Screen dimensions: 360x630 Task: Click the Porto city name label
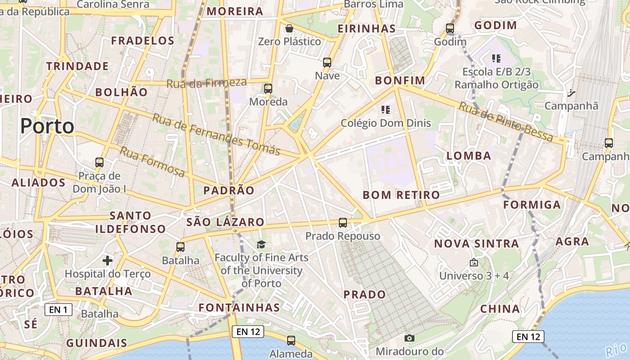tap(47, 126)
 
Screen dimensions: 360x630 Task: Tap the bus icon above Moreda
tap(268, 89)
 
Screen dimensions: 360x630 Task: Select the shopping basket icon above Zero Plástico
tap(289, 29)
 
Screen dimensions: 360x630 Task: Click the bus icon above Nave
tap(327, 63)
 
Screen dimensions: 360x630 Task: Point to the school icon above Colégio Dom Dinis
tap(385, 110)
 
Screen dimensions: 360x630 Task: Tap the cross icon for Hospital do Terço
tap(108, 261)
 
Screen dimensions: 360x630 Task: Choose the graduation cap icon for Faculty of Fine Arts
tap(261, 244)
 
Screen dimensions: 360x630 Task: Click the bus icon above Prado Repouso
tap(343, 222)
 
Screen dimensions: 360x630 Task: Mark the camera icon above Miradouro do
tap(409, 338)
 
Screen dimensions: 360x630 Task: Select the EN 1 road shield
tap(58, 310)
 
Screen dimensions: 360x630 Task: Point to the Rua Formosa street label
tap(152, 161)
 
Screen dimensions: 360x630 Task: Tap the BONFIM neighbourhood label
tap(400, 81)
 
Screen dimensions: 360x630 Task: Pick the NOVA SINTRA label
tap(476, 244)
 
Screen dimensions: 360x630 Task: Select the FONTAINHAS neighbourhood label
tap(239, 308)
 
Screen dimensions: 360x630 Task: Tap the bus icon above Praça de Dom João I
tap(99, 162)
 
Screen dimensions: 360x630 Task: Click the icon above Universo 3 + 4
tap(473, 262)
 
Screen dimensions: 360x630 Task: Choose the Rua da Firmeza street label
tap(207, 83)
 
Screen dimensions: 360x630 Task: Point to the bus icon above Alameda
tap(291, 341)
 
